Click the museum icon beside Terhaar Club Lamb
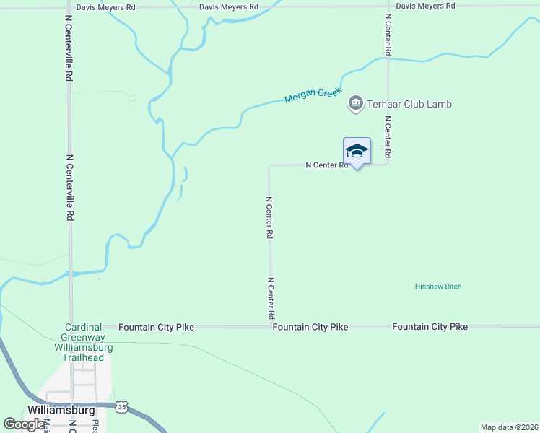[355, 104]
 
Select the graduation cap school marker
[357, 151]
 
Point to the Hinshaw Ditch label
[438, 287]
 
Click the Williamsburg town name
[61, 410]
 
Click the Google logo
[24, 424]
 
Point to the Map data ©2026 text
[508, 427]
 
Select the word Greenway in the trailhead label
[83, 337]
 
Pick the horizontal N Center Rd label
[326, 165]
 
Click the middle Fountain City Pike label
[310, 327]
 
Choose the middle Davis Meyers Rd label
[228, 6]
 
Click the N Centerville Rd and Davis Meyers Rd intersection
[69, 7]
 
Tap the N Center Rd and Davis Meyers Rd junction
[388, 7]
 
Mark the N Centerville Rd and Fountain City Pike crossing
[71, 327]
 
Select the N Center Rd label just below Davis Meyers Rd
[388, 35]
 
